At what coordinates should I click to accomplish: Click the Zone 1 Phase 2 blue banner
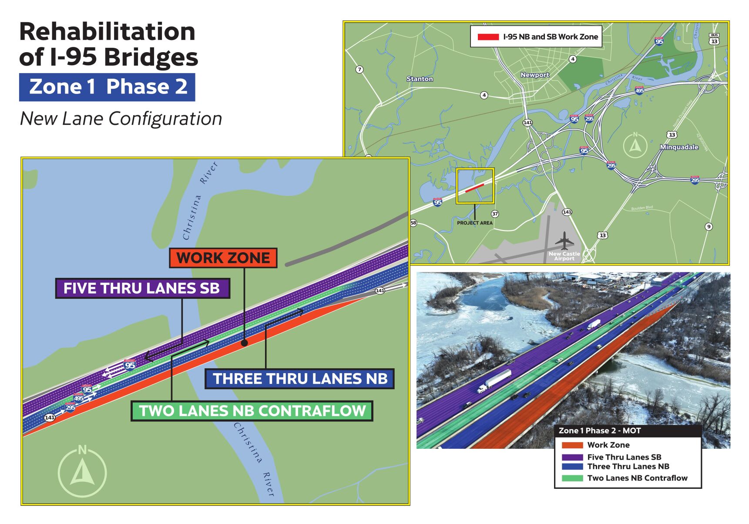[107, 87]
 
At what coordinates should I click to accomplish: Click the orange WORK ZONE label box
[223, 258]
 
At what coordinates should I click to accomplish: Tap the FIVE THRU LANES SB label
[142, 288]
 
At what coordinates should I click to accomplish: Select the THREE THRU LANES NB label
[299, 379]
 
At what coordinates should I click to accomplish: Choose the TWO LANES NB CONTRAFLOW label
[252, 411]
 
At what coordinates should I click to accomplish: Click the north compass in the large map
[82, 472]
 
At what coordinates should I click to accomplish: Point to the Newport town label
[534, 75]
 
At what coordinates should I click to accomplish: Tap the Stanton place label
[420, 79]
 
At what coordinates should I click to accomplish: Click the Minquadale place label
[678, 147]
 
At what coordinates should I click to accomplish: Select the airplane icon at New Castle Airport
[564, 240]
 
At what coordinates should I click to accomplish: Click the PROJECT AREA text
[474, 223]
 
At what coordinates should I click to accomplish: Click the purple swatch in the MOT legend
[572, 457]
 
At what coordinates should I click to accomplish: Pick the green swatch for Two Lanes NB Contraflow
[572, 478]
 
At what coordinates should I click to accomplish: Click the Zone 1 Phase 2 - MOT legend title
[599, 431]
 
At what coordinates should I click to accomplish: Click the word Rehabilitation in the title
[107, 32]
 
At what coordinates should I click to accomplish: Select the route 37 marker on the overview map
[495, 214]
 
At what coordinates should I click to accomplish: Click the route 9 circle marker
[709, 226]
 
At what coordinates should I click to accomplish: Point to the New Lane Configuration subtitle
[121, 119]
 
